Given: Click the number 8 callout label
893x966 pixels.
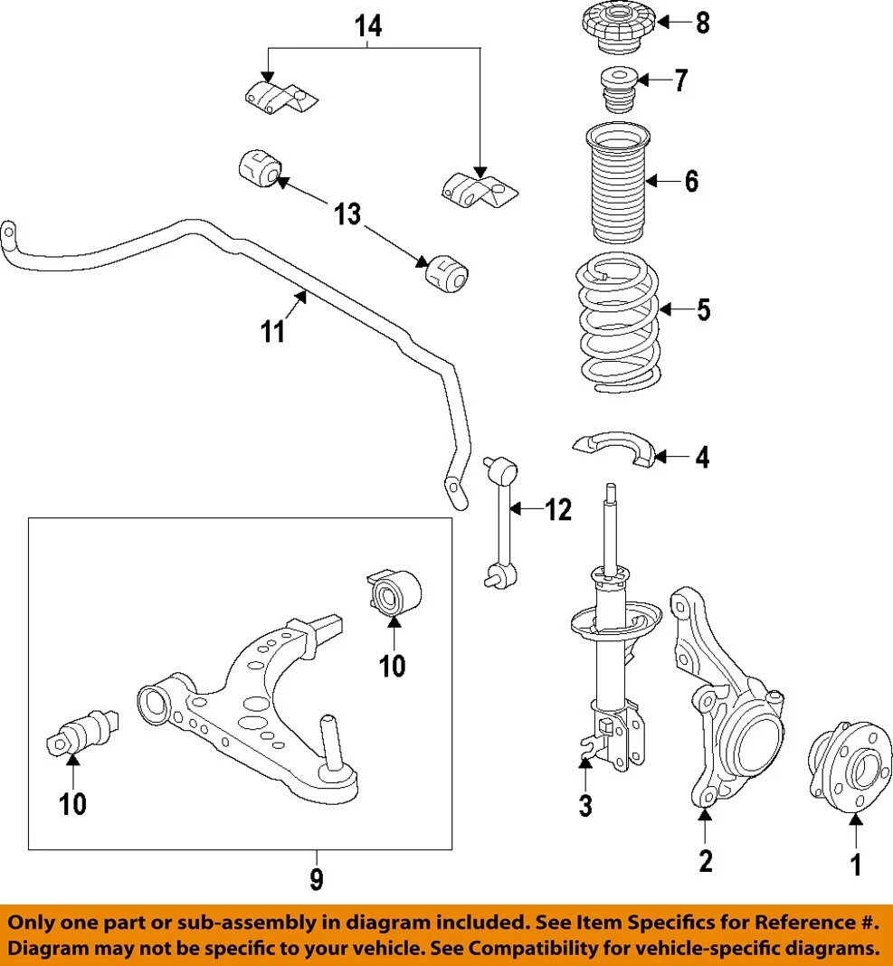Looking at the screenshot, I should coord(702,23).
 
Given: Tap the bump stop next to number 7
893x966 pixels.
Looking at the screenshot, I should coord(618,90).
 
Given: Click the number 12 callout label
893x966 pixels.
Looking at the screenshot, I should coord(558,511).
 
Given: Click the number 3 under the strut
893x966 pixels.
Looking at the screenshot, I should coord(585,804).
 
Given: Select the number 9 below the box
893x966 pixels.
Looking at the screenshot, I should coord(316,878).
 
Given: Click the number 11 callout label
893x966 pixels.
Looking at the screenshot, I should coord(273,332).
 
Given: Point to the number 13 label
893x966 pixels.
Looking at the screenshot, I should coord(347,214).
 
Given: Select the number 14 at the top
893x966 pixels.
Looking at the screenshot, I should coord(367,27).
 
